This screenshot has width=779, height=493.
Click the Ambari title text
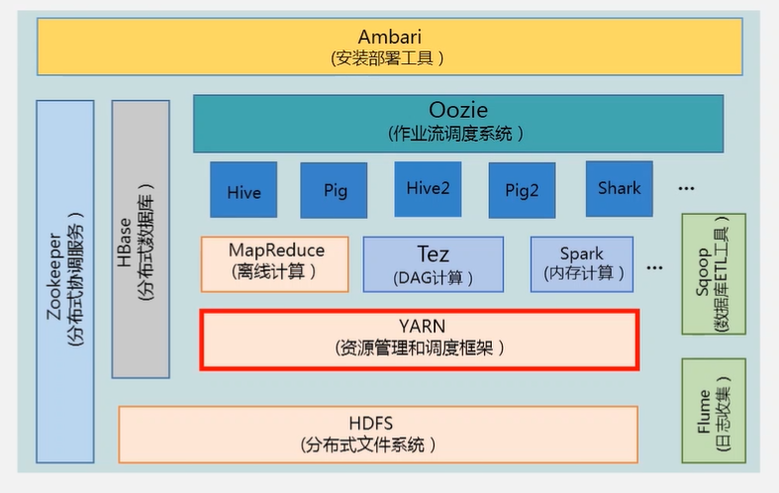[389, 37]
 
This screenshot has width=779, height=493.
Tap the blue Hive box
[243, 190]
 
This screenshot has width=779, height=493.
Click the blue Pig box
[335, 190]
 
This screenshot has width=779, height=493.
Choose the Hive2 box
[428, 188]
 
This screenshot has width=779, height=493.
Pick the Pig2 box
[522, 190]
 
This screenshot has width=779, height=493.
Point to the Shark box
[619, 187]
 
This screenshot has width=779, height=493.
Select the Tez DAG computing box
[433, 263]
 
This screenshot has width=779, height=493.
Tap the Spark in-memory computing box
[582, 263]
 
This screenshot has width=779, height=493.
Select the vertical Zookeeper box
[65, 280]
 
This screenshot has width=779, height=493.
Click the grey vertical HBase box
[141, 239]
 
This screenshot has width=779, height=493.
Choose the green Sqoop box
[713, 273]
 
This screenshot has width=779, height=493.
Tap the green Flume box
[713, 410]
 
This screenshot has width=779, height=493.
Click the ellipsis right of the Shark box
[686, 187]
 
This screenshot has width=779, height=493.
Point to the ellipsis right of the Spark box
[654, 266]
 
